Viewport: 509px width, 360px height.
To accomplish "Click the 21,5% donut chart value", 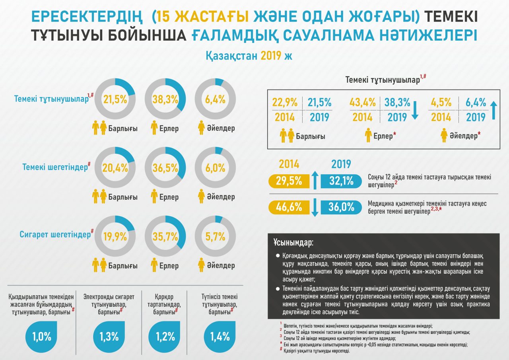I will pos(115,100).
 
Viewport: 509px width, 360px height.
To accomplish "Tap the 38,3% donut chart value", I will pos(166,100).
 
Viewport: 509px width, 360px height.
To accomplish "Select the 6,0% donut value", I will pos(216,167).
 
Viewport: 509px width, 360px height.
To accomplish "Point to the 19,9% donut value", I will pos(115,236).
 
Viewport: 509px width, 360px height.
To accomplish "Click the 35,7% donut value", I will pos(166,236).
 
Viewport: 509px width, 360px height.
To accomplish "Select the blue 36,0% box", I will pos(341,207).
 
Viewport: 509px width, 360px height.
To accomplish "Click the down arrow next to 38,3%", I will pos(415,110).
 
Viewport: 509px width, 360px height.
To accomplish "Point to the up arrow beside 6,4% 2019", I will pos(493,110).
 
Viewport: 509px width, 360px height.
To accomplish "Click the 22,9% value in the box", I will pos(285,102).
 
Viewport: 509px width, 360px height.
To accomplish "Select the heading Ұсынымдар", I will pos(293,242).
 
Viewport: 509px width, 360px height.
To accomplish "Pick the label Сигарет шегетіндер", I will pos(55,234).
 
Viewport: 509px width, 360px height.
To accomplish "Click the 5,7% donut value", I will pos(216,236).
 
